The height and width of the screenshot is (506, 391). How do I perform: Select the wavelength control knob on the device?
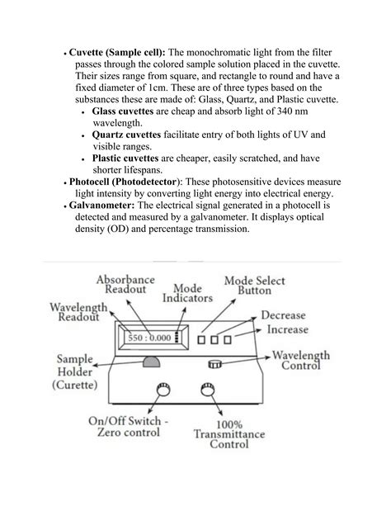[215, 364]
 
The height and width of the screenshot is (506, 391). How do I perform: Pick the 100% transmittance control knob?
[203, 390]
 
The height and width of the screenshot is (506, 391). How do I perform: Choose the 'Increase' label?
[287, 329]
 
